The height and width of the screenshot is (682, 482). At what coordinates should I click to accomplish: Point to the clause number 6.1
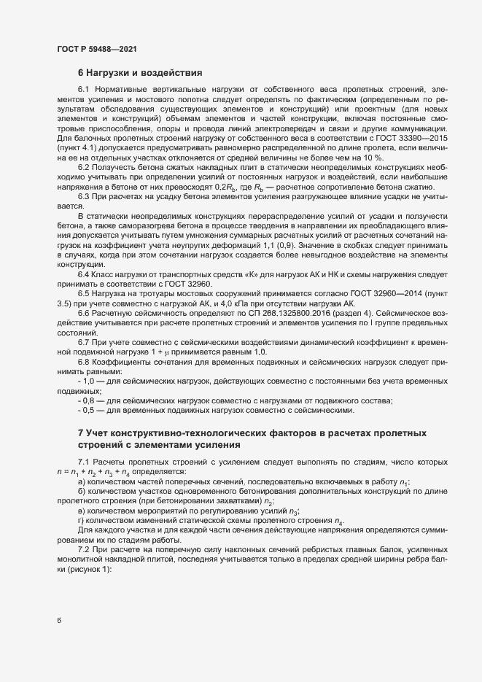pos(83,90)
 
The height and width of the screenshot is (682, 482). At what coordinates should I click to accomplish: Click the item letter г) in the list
pos(81,522)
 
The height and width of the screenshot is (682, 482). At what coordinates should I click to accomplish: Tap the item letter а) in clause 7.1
pos(81,482)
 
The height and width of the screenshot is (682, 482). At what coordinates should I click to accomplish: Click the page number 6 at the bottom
pos(59,621)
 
